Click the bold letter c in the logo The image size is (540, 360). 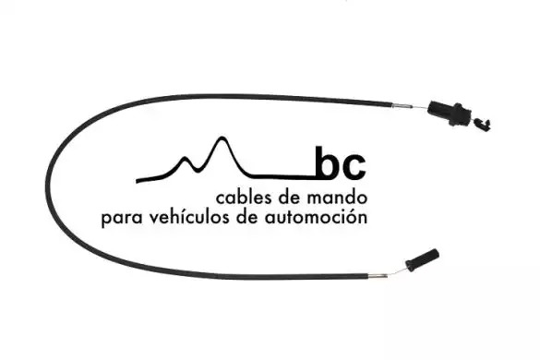pyautogui.click(x=354, y=168)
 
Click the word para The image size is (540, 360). pyautogui.click(x=122, y=219)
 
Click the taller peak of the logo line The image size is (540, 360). pyautogui.click(x=222, y=138)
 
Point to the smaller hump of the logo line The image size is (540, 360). pyautogui.click(x=186, y=159)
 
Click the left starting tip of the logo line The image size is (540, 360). pyautogui.click(x=137, y=181)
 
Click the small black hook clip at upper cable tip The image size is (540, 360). pyautogui.click(x=482, y=124)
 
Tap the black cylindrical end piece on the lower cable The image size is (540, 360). pyautogui.click(x=422, y=259)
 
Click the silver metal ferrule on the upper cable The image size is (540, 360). pyautogui.click(x=402, y=106)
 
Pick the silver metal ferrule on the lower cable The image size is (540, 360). pyautogui.click(x=378, y=276)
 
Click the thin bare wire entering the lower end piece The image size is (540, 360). pyautogui.click(x=398, y=271)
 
